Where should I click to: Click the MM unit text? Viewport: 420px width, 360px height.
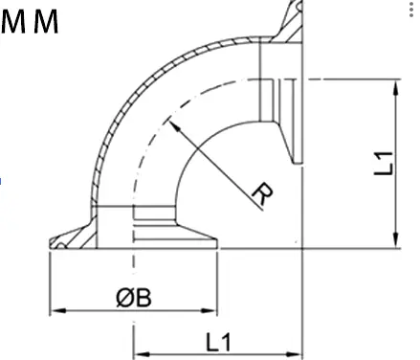pyautogui.click(x=30, y=21)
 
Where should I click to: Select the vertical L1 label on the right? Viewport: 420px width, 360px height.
pyautogui.click(x=382, y=160)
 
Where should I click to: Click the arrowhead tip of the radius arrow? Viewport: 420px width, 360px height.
pyautogui.click(x=168, y=120)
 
